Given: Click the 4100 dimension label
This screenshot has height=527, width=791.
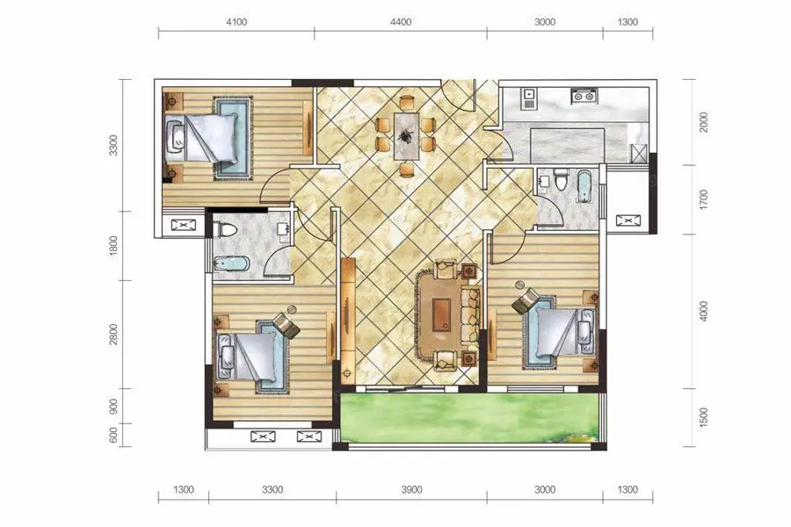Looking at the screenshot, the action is pos(236,22).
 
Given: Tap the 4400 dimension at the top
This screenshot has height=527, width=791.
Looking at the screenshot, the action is pos(401,22).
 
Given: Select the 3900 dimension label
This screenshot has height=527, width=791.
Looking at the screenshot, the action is pos(411,489).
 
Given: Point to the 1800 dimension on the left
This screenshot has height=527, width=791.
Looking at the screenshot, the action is pos(114,246).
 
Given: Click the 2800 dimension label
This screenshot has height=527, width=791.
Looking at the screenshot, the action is pos(114,334).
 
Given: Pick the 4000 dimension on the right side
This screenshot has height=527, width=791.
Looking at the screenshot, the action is pos(704,311).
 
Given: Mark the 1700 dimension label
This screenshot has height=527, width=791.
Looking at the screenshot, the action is pos(704,199).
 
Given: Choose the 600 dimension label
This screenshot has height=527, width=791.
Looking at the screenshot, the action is pos(114,436).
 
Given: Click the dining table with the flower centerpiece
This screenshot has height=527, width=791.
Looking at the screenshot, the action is pos(406,135).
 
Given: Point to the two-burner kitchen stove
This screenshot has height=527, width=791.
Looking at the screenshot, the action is pos(584,96).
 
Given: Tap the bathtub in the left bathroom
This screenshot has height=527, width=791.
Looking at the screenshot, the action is pos(231,263).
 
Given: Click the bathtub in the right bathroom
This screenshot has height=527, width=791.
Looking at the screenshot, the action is pos(584,186).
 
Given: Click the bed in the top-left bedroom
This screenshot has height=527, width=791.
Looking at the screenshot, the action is pos(201,138).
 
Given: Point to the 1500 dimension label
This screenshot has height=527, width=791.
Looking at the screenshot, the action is pos(704,417).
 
